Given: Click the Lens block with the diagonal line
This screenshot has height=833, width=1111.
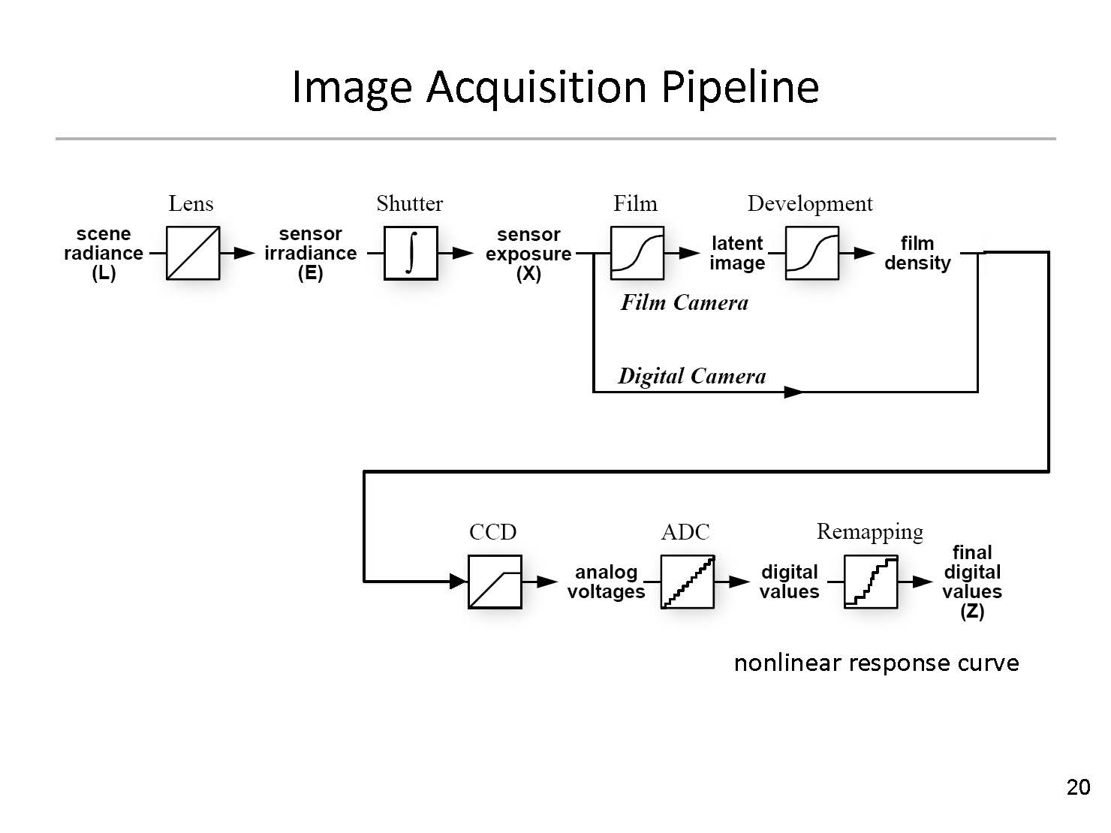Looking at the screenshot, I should pos(193,253).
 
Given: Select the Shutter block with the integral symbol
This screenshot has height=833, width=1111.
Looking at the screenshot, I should pos(411,253).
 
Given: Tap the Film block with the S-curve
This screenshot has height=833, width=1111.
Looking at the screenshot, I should pos(637,253).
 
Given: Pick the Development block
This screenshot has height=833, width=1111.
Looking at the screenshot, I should pos(811,253).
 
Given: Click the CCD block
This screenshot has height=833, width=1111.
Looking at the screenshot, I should pos(495,582).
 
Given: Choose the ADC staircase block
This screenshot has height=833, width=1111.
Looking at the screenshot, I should pos(688,582).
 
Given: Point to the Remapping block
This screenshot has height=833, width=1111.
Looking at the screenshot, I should pos(871,582).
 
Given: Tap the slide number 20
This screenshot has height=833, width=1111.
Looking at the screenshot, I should pos(1078,787).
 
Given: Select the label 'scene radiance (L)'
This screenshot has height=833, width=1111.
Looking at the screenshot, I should pos(104,254).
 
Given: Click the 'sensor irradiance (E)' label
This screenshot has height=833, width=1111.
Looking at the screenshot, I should pos(310,254).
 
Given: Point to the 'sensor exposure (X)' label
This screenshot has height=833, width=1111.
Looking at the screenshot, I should pos(528,254).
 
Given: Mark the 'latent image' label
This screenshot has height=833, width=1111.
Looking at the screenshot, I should pos(737,254).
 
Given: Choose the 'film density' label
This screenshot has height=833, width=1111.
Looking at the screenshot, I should pos(917,254).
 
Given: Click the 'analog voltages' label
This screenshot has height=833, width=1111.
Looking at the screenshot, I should pos(606,582).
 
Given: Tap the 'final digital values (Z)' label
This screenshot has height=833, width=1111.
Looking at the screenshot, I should pos(972,582).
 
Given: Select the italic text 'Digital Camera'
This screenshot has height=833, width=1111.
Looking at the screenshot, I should pos(691,376).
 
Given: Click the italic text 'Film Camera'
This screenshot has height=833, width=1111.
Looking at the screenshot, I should pos(684,303).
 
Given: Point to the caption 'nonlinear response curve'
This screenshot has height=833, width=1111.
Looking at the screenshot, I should pos(876,663).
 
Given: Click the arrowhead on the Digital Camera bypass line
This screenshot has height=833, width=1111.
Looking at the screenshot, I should pos(793,392).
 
